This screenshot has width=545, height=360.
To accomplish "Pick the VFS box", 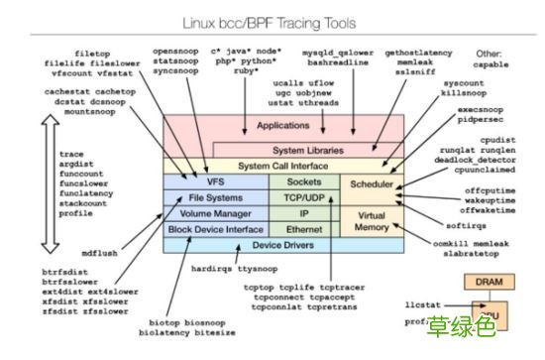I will point(215,183).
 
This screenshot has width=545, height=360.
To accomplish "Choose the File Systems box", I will point(215,198).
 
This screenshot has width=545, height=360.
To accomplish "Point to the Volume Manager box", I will point(215,213).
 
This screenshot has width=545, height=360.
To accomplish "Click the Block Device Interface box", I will point(215,229).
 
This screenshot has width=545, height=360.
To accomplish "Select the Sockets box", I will point(304,183).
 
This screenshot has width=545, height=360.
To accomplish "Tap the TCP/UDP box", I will point(304,198).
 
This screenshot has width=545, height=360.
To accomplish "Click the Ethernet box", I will point(304,229).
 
